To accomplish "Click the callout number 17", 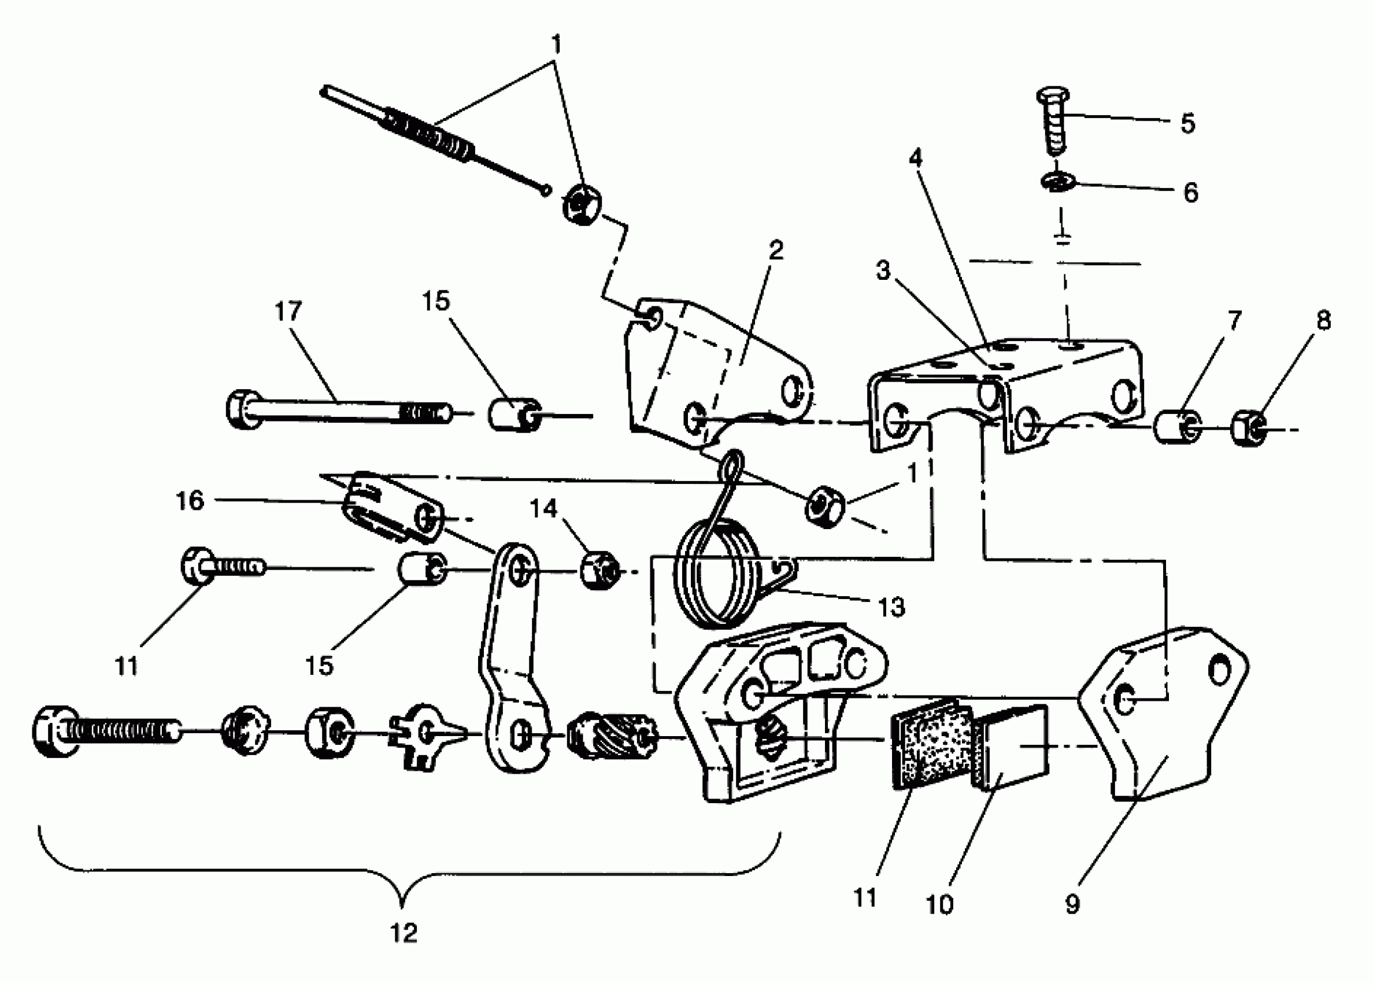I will [288, 312].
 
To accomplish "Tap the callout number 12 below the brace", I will [404, 933].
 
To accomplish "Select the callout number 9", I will [1072, 904].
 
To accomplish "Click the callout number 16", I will [190, 501].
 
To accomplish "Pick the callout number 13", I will [891, 607].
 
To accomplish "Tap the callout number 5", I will [1188, 124].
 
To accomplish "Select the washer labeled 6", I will [1058, 182].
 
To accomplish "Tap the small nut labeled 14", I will [598, 571].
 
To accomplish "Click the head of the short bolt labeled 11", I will [197, 566].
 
